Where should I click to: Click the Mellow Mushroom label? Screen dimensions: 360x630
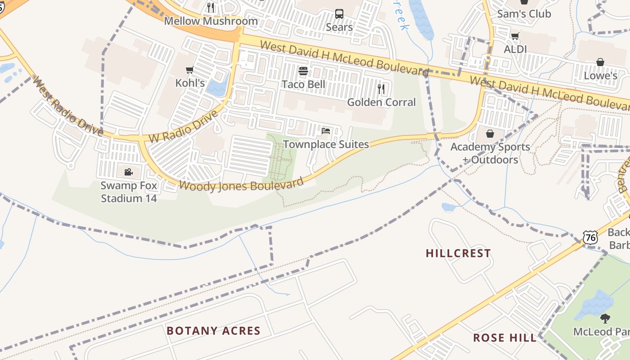click(211, 21)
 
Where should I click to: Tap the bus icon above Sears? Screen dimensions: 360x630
click(339, 14)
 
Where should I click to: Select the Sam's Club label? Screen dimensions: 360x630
click(524, 14)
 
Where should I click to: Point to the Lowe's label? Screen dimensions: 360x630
click(600, 76)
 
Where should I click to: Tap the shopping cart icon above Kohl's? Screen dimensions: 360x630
click(190, 70)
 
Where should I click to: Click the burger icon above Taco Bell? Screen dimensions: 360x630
click(303, 71)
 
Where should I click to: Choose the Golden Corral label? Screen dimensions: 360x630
click(381, 102)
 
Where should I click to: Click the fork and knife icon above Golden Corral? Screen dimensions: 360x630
click(381, 89)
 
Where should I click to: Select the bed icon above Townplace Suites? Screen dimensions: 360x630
click(326, 131)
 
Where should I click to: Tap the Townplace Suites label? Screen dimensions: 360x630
click(326, 144)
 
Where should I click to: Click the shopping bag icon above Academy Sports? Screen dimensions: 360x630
click(490, 134)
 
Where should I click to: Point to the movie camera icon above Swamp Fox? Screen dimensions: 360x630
click(128, 172)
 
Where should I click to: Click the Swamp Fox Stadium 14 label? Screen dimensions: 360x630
click(129, 192)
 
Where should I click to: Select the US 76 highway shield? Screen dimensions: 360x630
click(590, 237)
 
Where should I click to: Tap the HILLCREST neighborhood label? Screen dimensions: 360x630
click(458, 253)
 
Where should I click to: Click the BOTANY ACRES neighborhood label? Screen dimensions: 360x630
click(213, 331)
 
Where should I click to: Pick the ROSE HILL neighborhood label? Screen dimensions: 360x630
click(505, 337)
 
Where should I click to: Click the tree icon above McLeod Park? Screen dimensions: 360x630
click(606, 319)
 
